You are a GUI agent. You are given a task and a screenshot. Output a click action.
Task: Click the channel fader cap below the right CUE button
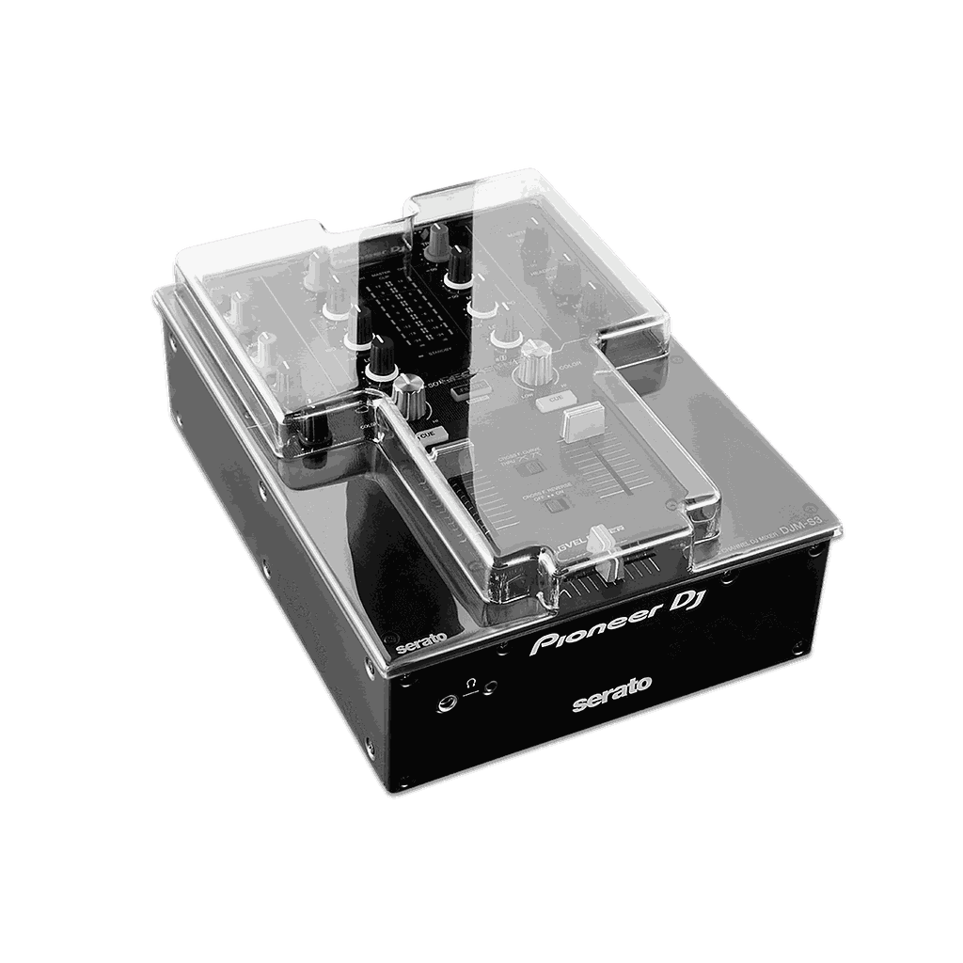581,423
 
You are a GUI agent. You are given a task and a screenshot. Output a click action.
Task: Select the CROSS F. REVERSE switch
556,505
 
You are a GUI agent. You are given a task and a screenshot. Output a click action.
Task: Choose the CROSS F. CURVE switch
532,466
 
